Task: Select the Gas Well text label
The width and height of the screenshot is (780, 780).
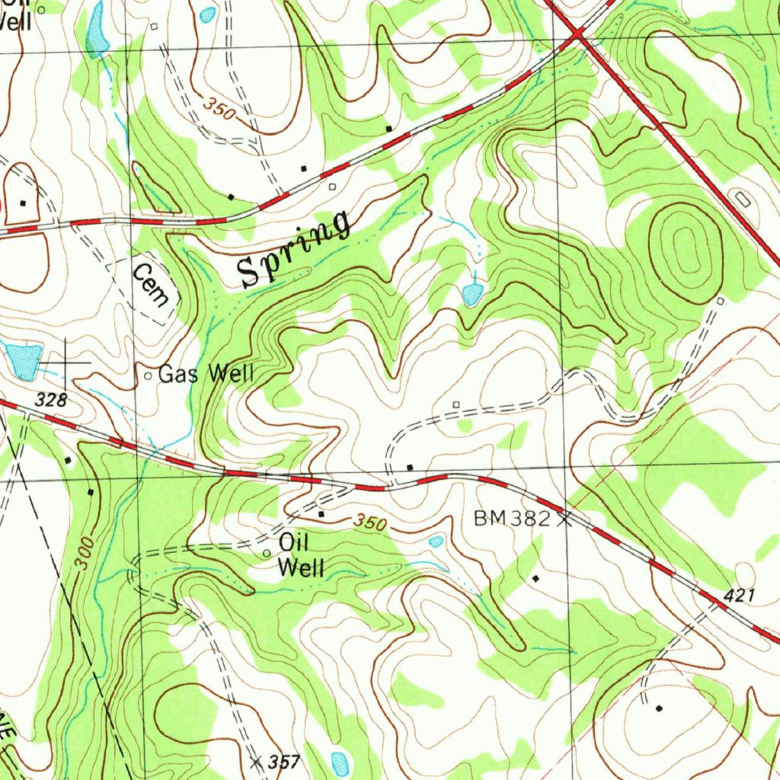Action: pos(206,374)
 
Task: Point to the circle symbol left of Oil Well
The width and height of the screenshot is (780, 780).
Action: pos(267,553)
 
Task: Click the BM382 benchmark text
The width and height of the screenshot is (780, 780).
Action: pos(511,519)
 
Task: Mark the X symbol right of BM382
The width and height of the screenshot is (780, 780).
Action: pos(564,520)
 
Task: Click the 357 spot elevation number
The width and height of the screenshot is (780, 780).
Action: pos(285,762)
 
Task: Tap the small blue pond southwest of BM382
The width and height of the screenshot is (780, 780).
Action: pos(436,542)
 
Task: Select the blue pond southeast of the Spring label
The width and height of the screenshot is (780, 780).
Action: pos(472,293)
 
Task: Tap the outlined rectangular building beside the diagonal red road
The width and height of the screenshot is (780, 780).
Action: pos(742,198)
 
